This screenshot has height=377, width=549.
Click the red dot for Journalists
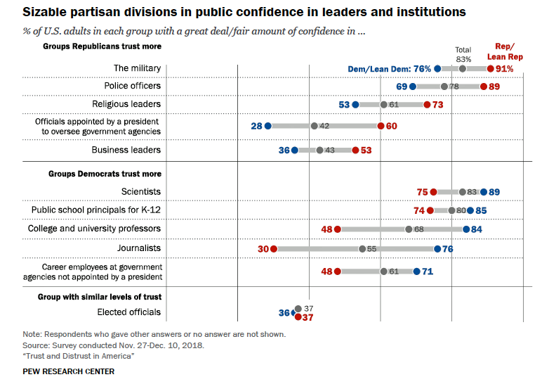[274, 248]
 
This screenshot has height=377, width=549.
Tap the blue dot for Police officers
[413, 87]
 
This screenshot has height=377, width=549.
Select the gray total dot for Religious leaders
[383, 105]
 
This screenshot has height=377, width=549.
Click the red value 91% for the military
[505, 69]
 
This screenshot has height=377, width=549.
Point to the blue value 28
[256, 126]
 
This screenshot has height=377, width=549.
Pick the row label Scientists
[141, 191]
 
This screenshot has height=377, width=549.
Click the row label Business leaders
[126, 150]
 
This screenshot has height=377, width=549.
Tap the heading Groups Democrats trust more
[105, 174]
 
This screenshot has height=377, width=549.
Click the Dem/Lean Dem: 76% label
[390, 69]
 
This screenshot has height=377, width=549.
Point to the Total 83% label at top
[463, 54]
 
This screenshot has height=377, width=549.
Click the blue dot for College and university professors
[466, 229]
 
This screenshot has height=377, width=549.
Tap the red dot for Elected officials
[298, 317]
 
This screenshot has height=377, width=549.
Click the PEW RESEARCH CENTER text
[68, 371]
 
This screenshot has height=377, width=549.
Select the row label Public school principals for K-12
[96, 210]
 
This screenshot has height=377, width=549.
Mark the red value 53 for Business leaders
[366, 151]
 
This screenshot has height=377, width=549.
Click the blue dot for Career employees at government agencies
[416, 271]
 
